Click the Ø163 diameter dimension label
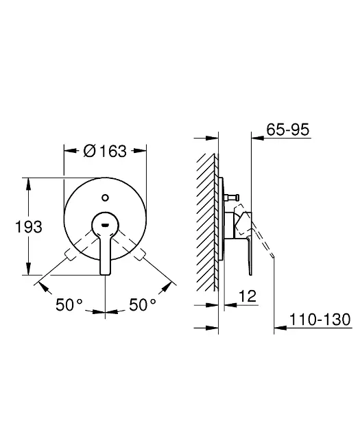click(105, 151)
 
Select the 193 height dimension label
click(29, 227)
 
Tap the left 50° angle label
click(69, 304)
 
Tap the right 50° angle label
click(143, 304)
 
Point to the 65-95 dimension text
click(288, 130)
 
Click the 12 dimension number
click(248, 296)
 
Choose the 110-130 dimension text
click(320, 320)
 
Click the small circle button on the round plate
click(105, 197)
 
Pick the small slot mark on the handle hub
click(105, 226)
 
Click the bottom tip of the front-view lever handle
click(106, 274)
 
